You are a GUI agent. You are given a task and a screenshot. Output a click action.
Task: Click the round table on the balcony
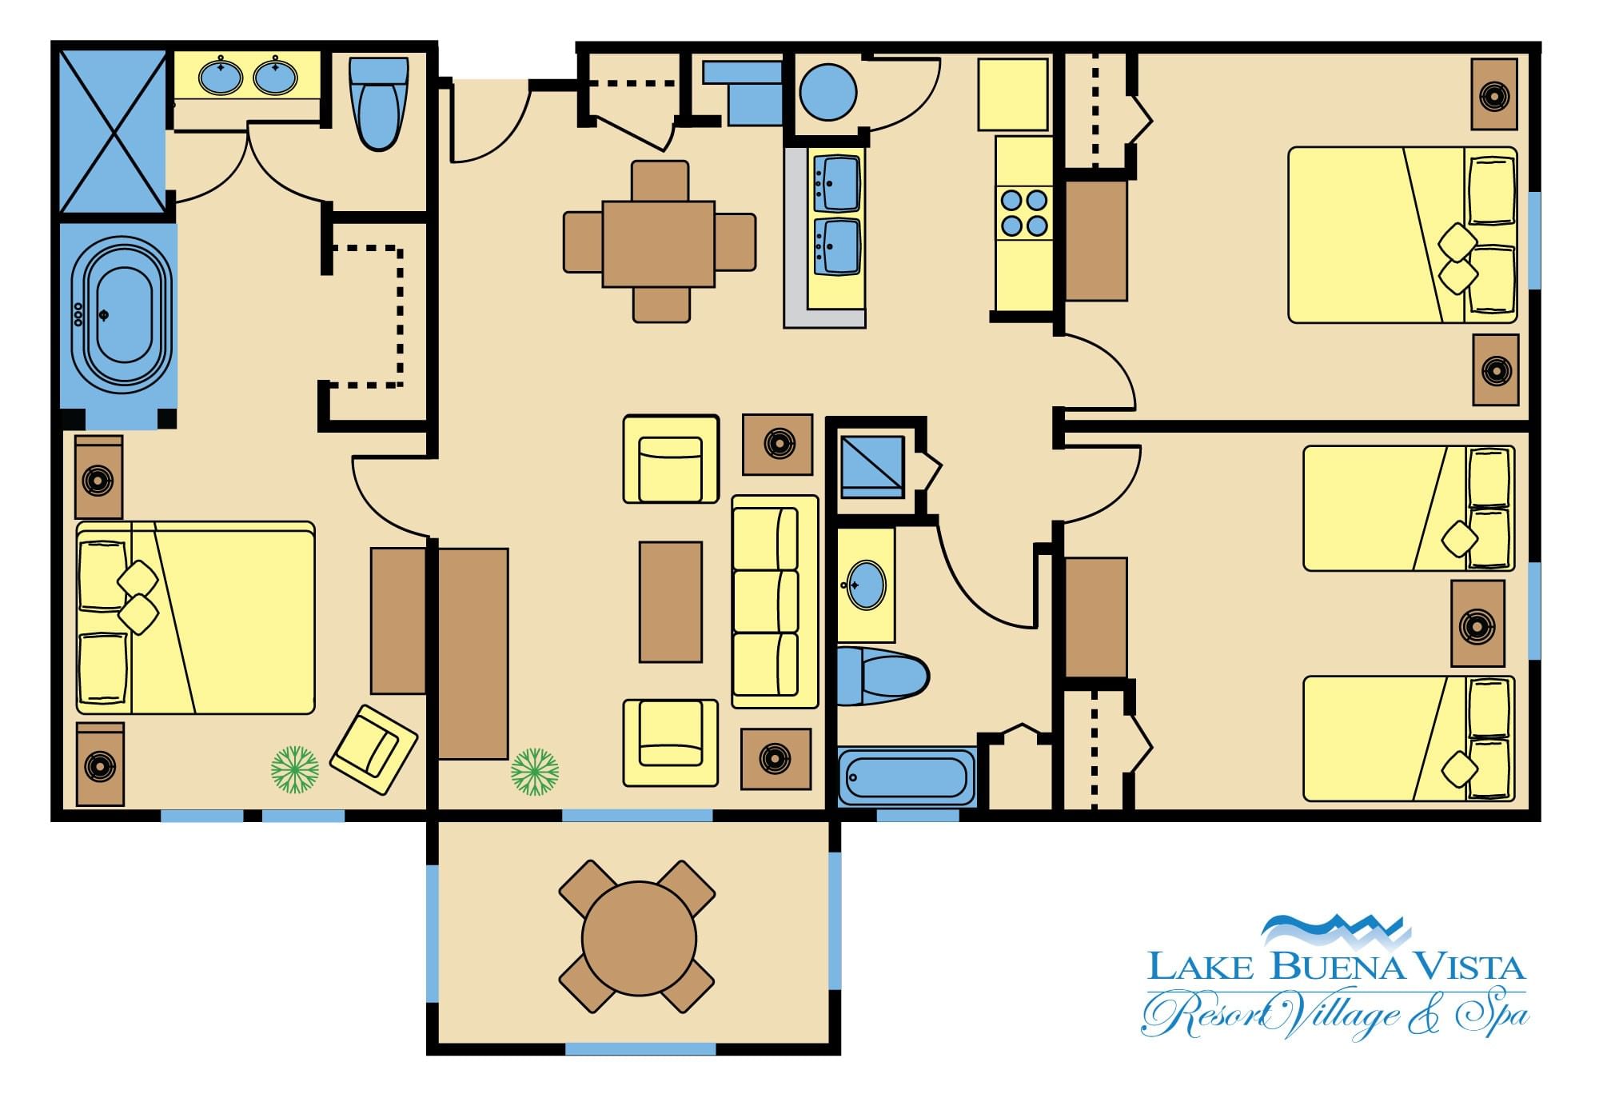639,939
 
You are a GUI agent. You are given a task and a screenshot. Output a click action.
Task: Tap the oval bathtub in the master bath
121,314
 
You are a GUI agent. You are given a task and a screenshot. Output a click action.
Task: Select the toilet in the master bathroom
379,102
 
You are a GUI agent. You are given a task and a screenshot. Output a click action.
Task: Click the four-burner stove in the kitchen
1024,212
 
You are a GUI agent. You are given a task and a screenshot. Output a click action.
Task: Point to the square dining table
658,243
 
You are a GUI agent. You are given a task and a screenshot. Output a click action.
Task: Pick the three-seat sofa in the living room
775,601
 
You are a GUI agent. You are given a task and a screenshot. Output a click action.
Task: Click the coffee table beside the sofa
670,601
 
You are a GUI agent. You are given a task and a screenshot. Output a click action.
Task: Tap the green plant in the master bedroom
295,770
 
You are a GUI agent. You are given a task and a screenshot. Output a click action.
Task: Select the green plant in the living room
535,772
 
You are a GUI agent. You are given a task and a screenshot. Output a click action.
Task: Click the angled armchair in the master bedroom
373,749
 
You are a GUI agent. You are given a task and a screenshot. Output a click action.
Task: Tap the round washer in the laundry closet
827,92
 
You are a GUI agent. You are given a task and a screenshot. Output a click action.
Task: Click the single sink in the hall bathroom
866,585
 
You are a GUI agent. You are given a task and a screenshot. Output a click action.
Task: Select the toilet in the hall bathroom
883,677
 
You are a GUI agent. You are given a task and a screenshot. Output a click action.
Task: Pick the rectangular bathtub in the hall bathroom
907,777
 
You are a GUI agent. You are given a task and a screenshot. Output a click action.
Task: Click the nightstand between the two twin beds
1477,624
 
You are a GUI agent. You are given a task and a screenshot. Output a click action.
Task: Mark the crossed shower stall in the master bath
114,132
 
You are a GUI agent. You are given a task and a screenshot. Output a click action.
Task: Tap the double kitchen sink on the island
836,215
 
